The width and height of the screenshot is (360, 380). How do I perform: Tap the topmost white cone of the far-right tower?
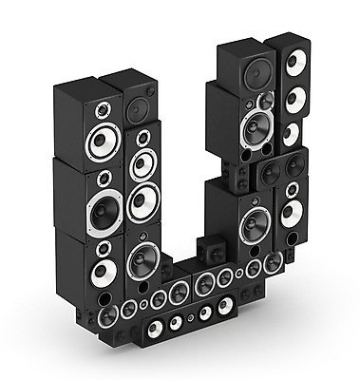[x=296, y=62]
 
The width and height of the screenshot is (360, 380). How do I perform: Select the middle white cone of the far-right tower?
[x=296, y=100]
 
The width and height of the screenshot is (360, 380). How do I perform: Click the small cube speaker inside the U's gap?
[x=213, y=249]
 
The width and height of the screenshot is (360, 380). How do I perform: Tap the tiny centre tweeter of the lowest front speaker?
[x=190, y=318]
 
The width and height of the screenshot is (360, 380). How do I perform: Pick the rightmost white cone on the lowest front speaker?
[x=225, y=306]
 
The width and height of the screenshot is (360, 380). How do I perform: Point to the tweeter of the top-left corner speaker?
[x=104, y=110]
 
